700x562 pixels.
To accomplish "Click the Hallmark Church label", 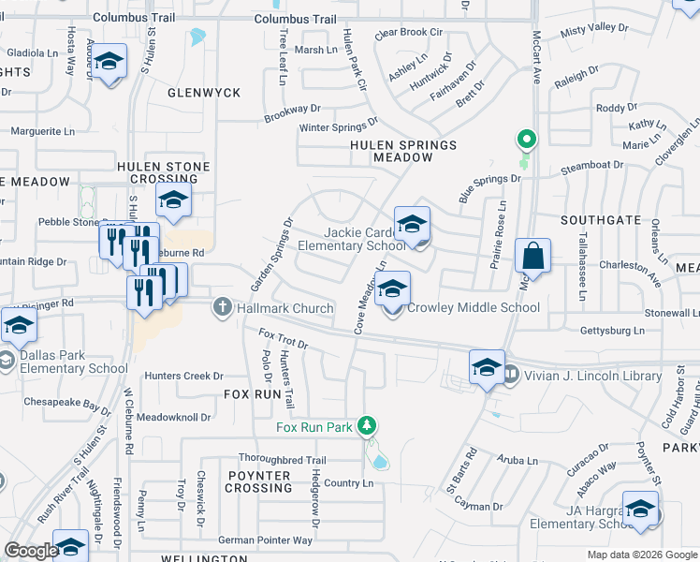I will [x=285, y=308].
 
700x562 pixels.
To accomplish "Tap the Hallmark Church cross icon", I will [x=223, y=306].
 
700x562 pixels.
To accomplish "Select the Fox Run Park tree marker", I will [x=369, y=426].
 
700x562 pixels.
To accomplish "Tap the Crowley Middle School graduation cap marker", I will [x=394, y=289].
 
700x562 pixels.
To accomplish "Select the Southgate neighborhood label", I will [x=601, y=220].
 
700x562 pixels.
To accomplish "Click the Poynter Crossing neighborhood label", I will [x=258, y=481].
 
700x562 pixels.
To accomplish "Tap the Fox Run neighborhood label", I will [x=253, y=395].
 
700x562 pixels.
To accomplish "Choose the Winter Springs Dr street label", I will [x=338, y=125].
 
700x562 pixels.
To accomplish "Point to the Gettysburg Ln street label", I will [x=612, y=331].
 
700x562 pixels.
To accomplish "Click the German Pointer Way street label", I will [x=265, y=540].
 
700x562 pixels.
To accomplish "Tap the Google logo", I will [x=31, y=551].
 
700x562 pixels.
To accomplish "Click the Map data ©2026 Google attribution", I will [x=641, y=555].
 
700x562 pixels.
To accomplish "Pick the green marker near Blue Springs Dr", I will [x=527, y=140].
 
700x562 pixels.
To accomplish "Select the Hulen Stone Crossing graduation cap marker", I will [x=173, y=200].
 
